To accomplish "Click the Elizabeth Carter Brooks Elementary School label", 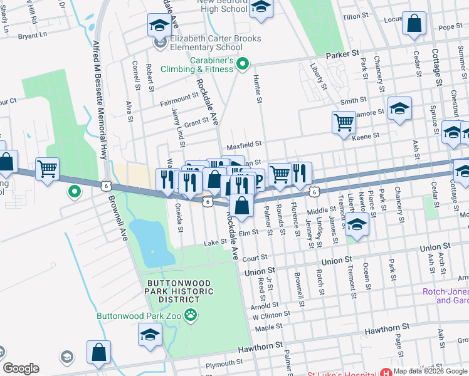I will click(205, 43).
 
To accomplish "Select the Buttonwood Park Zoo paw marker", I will click(190, 315).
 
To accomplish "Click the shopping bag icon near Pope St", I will click(414, 24).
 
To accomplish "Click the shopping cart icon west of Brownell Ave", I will click(48, 169).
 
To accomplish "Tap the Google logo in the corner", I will click(21, 368).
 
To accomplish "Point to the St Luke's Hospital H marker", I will click(386, 372).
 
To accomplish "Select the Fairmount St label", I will click(179, 99).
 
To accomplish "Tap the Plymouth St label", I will click(215, 364).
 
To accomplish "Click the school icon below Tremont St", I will click(357, 224).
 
